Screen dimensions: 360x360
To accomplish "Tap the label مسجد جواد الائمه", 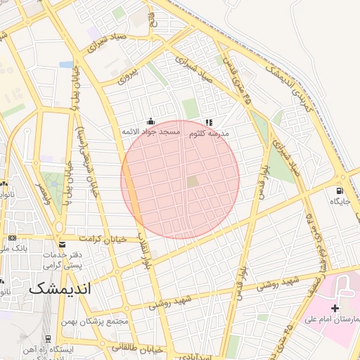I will click(150, 132).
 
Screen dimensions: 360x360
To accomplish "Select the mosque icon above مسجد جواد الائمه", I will click(150, 122).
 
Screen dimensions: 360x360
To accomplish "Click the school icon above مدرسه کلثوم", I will click(208, 122).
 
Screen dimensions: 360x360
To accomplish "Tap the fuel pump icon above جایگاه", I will click(340, 191).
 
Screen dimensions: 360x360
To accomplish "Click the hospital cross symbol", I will click(335, 308).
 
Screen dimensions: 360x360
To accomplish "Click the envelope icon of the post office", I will click(63, 244).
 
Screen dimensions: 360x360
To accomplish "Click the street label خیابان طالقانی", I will click(137, 348).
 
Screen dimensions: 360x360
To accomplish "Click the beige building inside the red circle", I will click(193, 182).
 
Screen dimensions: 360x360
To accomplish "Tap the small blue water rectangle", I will click(66, 65).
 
